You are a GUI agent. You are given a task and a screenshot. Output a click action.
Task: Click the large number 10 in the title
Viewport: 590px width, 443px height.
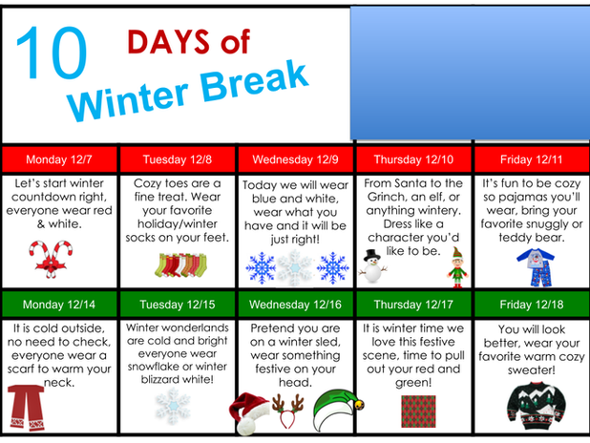(52, 53)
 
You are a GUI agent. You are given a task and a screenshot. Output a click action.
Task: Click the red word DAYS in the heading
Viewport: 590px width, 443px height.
(168, 41)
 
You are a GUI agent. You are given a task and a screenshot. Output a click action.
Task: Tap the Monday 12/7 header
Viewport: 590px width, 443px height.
(59, 159)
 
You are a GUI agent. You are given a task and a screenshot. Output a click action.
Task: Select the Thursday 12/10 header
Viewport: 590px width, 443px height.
(413, 159)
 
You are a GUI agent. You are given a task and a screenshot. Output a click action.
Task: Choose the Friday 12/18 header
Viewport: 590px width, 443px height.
(532, 305)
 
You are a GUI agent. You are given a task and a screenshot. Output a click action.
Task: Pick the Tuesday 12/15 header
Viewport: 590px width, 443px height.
(178, 305)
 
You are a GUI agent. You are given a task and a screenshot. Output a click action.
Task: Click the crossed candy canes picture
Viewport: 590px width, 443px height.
(51, 260)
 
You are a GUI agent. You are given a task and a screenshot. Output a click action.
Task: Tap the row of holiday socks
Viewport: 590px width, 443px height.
(181, 265)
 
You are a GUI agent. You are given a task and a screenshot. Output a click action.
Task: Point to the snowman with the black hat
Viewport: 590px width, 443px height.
(373, 265)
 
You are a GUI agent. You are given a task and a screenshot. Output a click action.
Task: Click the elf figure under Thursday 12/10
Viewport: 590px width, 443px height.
(457, 267)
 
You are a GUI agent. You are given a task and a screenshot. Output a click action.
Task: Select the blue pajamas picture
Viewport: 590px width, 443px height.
(536, 267)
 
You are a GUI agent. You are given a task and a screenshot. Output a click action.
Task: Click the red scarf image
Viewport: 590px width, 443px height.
(26, 408)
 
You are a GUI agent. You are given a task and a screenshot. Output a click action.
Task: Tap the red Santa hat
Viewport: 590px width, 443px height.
(249, 413)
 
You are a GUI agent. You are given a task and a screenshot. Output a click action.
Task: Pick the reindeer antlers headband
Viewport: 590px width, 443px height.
(288, 411)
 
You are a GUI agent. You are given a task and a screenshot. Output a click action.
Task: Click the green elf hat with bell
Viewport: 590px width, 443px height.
(338, 411)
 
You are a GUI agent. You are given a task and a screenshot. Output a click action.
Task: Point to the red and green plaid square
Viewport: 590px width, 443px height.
(418, 411)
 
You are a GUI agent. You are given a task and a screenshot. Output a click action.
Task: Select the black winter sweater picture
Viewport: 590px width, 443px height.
(537, 406)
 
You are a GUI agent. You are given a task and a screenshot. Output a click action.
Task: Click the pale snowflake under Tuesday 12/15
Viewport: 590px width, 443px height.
(174, 406)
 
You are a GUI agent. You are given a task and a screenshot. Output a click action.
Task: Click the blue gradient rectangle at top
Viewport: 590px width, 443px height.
(470, 73)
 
